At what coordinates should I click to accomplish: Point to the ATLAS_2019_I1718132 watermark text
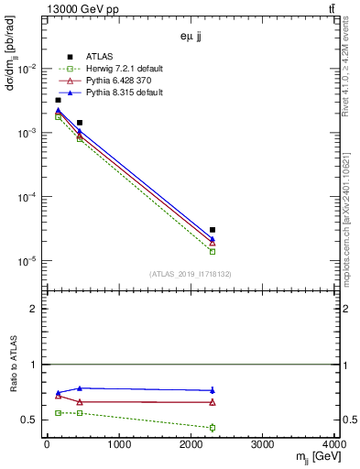coord(191,273)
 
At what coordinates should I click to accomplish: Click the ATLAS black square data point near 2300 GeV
coord(213,230)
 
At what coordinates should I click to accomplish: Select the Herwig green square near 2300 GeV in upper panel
coord(213,251)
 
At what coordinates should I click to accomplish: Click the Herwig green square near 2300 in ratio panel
coord(213,428)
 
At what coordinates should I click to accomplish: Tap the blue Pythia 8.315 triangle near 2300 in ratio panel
coord(213,390)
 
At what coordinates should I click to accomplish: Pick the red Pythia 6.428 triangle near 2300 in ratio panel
coord(213,402)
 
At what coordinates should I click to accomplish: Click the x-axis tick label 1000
coord(119,446)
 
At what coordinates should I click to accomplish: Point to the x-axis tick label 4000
coord(335,446)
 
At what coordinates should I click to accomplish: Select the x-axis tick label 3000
coord(264,446)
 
